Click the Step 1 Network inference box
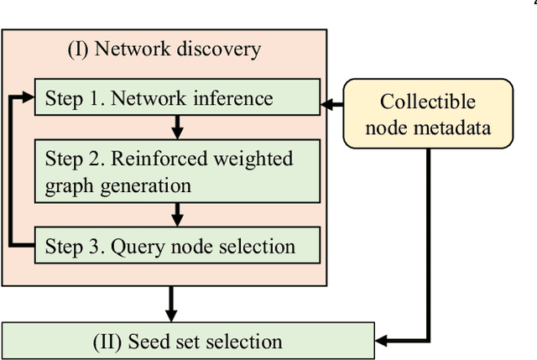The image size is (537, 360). (177, 98)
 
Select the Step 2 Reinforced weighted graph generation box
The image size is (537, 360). (177, 171)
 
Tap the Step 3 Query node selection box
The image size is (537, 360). (177, 246)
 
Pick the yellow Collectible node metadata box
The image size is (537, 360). (427, 113)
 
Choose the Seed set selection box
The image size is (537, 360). (188, 341)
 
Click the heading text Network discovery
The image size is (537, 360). (177, 49)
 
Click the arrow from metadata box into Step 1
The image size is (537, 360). (333, 106)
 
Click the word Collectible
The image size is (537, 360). (427, 102)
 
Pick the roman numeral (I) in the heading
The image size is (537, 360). (78, 49)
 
